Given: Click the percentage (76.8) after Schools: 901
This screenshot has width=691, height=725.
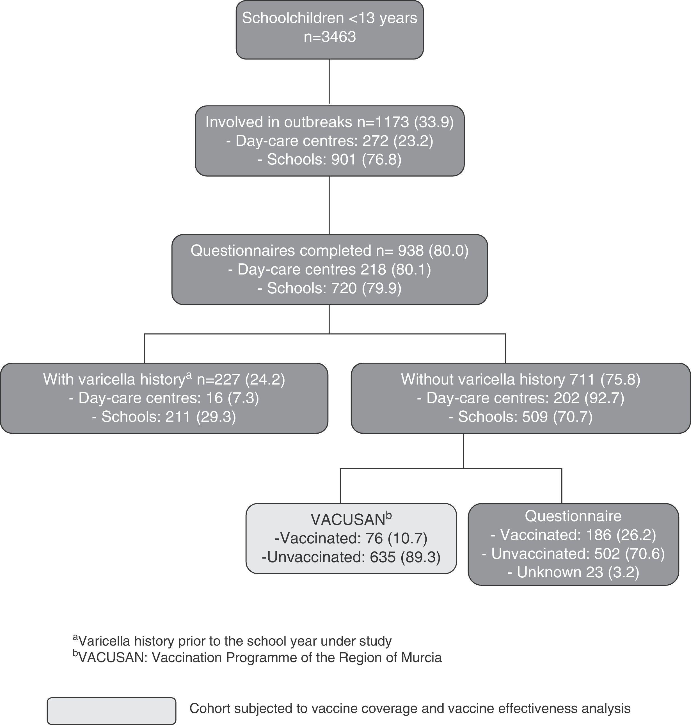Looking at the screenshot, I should (382, 159).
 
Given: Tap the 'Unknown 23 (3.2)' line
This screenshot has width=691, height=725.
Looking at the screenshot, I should (573, 572).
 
